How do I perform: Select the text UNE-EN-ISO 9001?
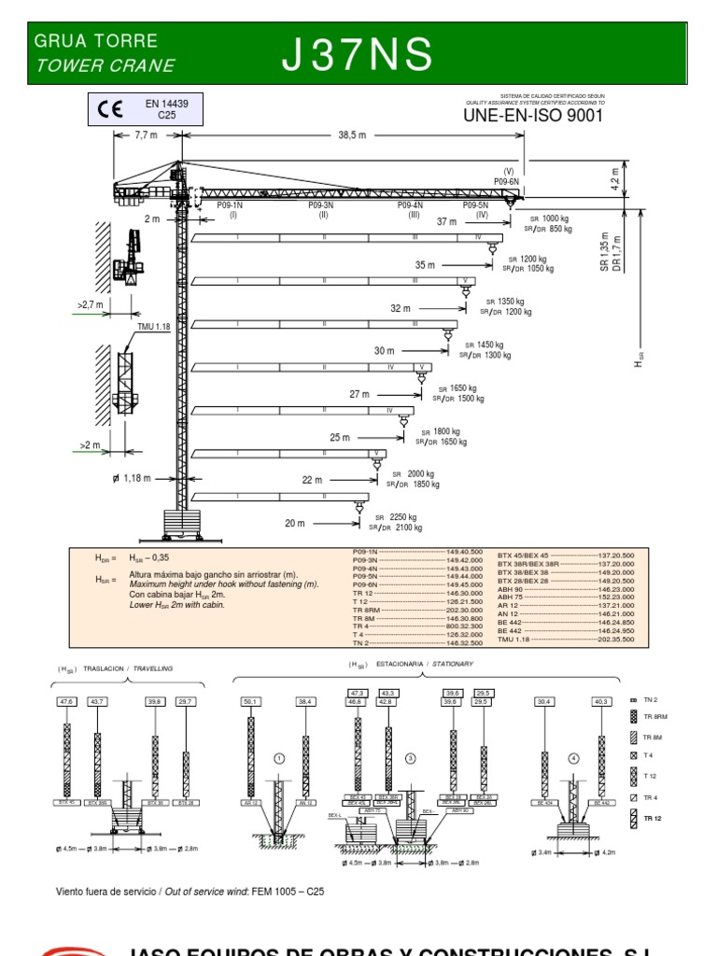click(532, 116)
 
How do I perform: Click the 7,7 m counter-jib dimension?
click(146, 135)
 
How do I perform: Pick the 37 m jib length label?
click(446, 222)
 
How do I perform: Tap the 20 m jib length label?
click(295, 524)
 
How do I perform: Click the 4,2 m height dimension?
click(614, 178)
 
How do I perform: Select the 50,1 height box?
click(250, 700)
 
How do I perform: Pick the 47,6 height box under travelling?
click(66, 700)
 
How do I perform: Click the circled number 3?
click(409, 759)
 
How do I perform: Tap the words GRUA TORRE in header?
click(95, 42)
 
